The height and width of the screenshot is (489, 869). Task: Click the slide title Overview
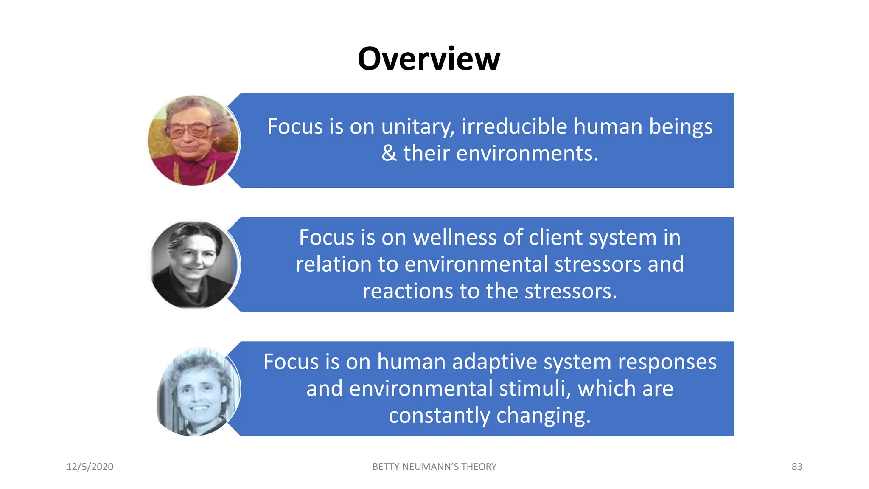(429, 59)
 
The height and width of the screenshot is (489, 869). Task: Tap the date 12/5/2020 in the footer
(90, 467)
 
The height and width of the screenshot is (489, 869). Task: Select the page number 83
(797, 467)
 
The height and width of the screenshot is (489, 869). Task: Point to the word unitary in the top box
(418, 127)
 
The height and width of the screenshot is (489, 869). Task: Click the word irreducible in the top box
(514, 126)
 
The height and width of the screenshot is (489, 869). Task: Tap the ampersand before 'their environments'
(389, 153)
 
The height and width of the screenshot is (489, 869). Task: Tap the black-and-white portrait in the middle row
(194, 265)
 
